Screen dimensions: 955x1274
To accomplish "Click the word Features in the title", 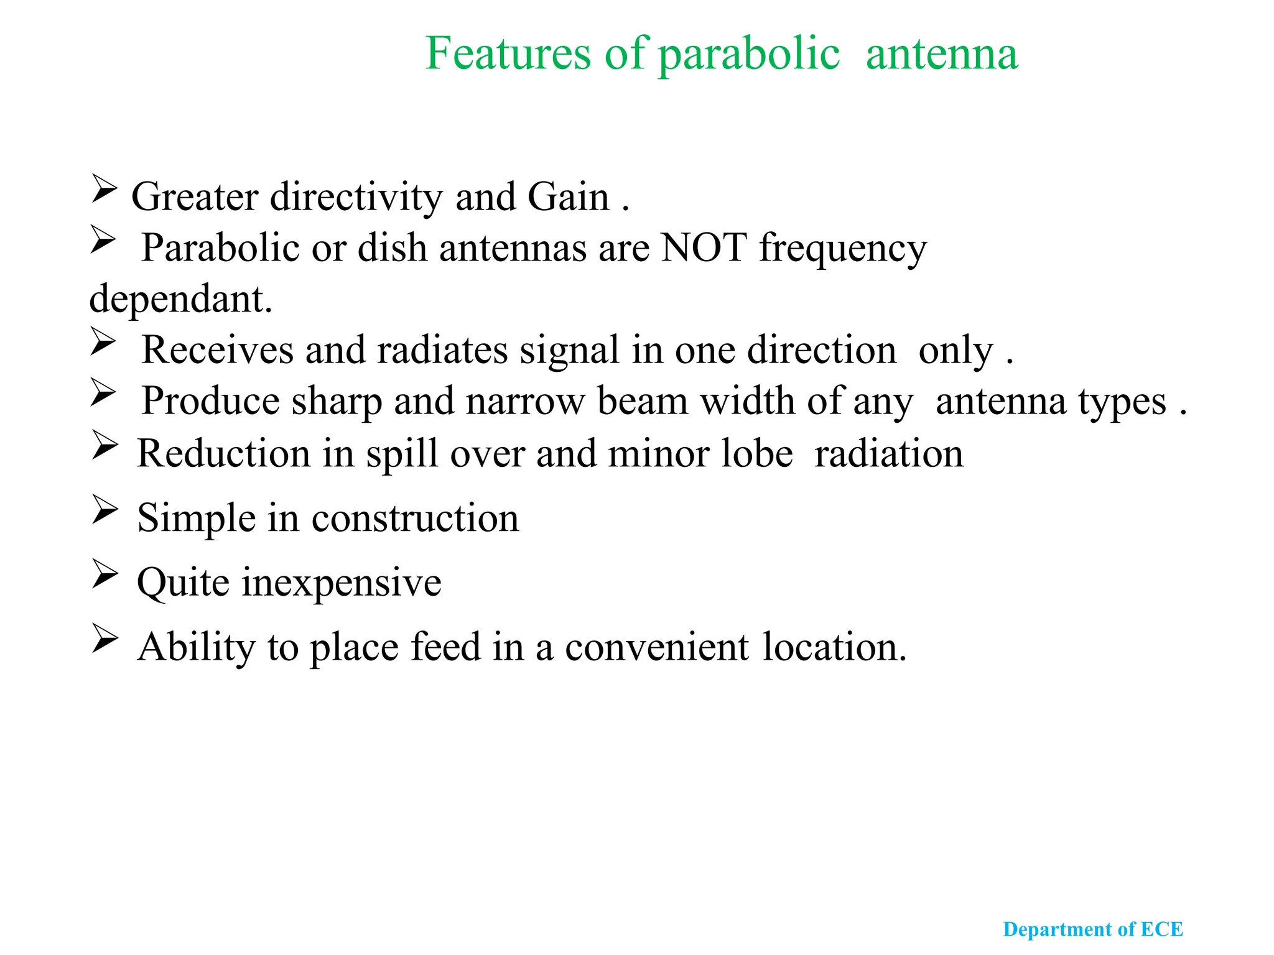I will (x=507, y=54).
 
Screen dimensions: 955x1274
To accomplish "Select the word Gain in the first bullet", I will (x=568, y=198).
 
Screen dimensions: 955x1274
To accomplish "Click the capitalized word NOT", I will (x=704, y=248).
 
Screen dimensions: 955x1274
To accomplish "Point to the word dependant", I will (x=180, y=300).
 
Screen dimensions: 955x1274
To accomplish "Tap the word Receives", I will (x=217, y=350).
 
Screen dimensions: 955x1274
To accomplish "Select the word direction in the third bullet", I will (x=821, y=350).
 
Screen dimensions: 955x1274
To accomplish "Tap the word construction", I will (x=415, y=519).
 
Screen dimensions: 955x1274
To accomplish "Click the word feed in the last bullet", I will (x=445, y=647).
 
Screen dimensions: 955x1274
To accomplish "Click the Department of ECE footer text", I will (x=1092, y=930).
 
